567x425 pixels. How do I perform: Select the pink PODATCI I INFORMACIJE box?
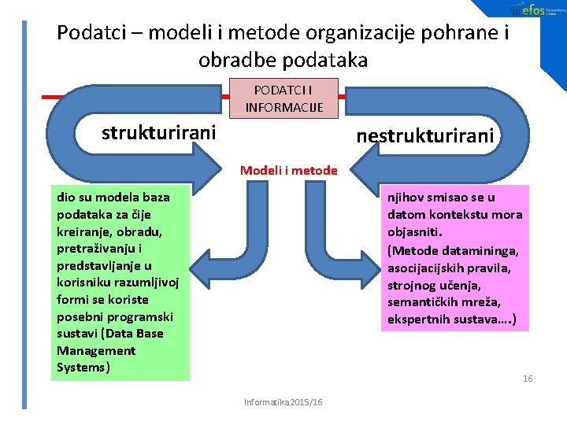[x=283, y=98]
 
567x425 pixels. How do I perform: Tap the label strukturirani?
[x=158, y=132]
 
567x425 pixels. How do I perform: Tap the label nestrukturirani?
[x=425, y=136]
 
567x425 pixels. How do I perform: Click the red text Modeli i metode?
[x=288, y=170]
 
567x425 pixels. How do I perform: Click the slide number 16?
[x=528, y=379]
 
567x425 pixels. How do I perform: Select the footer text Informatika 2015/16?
[x=283, y=402]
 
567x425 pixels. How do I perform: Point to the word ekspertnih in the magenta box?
[x=417, y=320]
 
